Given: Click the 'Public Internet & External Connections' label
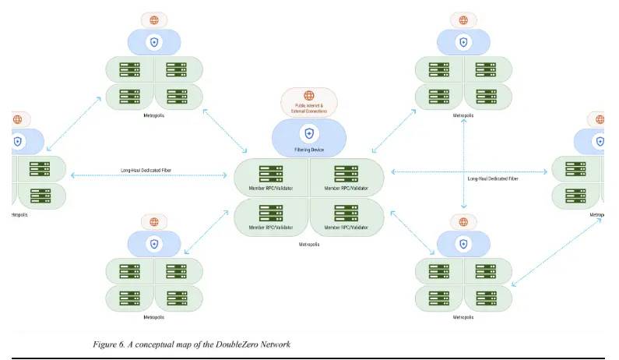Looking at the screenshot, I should (311, 108).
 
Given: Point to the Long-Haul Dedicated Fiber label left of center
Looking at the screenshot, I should (147, 169).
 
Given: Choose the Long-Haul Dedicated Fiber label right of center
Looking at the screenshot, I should (493, 178).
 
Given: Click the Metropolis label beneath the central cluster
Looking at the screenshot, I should (309, 244).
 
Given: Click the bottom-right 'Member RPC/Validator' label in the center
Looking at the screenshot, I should (346, 227).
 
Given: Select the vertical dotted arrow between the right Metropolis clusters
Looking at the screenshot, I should (465, 164).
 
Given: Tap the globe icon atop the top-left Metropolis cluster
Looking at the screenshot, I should (154, 19).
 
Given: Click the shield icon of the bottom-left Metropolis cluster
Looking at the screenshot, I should (154, 244).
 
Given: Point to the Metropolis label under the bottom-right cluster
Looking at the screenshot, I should (463, 317).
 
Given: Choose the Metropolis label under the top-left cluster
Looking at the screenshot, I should (154, 115).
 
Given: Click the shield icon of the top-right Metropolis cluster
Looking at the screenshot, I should (463, 42).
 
